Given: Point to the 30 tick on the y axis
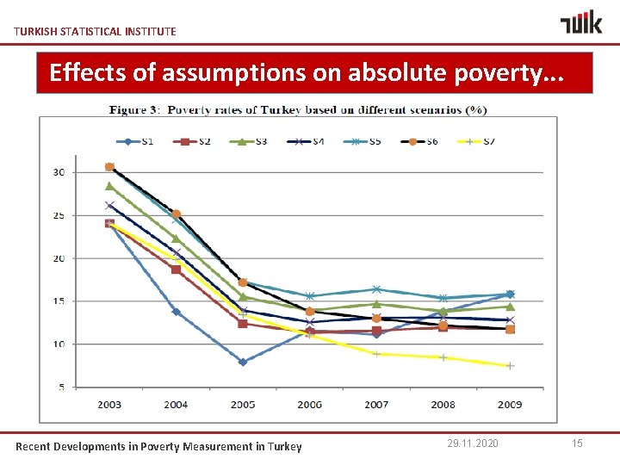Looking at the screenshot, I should [59, 172].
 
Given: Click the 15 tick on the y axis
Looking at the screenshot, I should [59, 301].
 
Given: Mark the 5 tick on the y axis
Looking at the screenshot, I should [61, 387].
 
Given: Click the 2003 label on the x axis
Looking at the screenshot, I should [109, 404].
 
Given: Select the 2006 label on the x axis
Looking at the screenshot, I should [309, 404].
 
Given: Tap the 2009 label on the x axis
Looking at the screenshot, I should [509, 404].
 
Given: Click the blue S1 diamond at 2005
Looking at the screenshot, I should [243, 362].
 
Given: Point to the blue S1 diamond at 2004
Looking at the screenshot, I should [177, 312].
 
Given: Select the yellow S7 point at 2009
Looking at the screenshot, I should [510, 366].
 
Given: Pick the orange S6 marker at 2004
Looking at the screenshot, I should [177, 214].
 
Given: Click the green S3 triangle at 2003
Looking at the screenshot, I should [109, 186].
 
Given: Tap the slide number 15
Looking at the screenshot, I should [577, 443].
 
